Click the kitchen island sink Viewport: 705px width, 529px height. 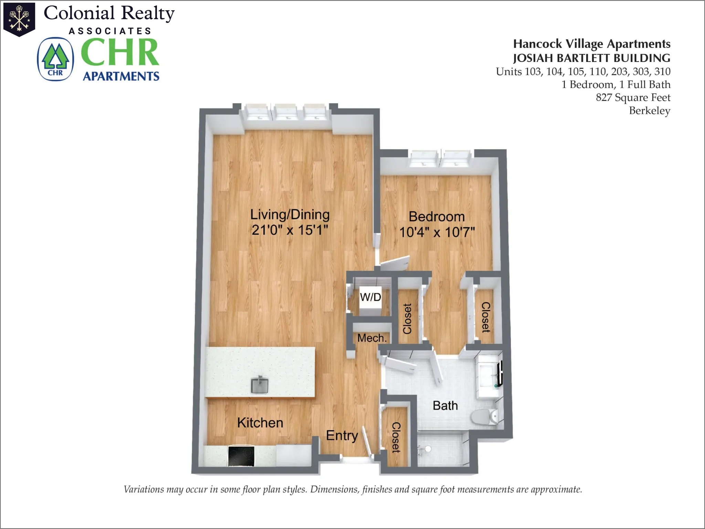260,385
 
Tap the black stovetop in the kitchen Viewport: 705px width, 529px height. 241,456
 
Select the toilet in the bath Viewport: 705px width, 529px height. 485,417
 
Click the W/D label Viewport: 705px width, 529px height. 370,297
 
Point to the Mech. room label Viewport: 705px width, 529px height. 372,338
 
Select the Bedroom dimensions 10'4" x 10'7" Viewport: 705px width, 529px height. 437,232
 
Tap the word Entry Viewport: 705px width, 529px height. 342,436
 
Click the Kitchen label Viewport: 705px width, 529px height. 260,423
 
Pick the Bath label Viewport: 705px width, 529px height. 445,405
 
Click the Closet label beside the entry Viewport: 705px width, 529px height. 396,437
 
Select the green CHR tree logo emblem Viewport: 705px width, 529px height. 55,59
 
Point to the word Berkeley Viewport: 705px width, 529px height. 650,110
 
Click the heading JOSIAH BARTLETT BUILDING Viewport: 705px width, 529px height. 591,58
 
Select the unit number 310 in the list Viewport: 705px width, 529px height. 662,72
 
